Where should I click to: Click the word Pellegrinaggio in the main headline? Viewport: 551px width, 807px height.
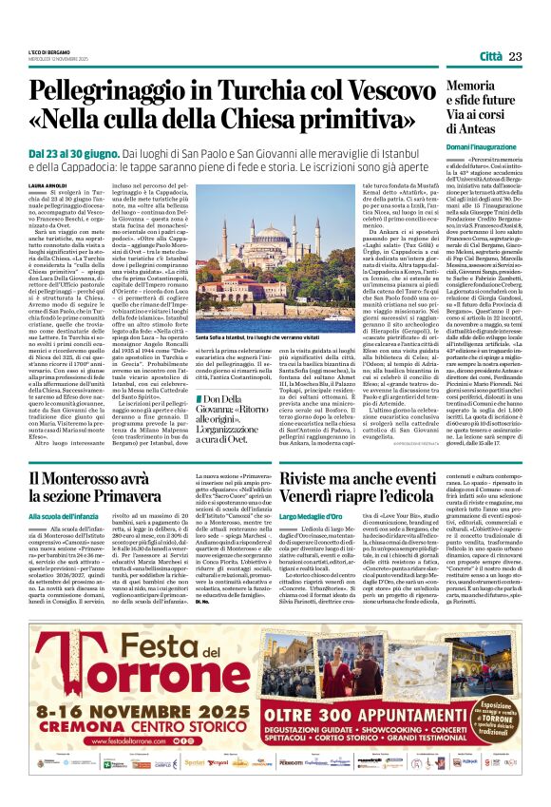tap(128, 94)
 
